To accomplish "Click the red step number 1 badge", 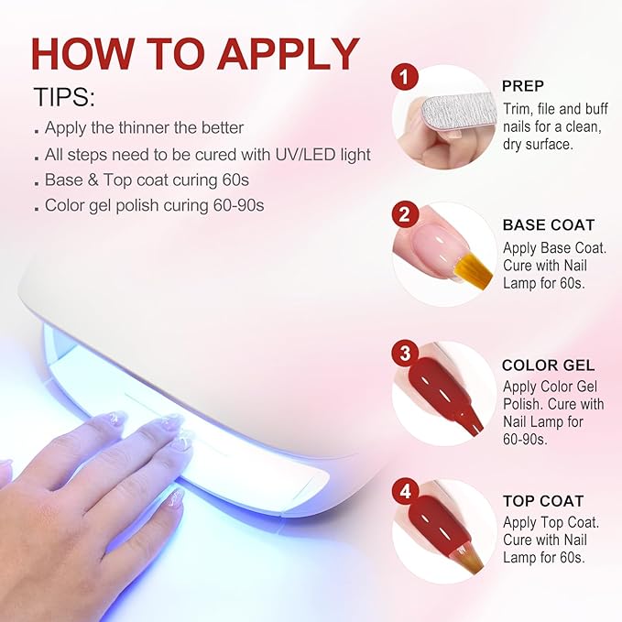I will [404, 77].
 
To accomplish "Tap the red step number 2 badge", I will [404, 215].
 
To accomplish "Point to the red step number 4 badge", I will [404, 493].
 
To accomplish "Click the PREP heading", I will [522, 86].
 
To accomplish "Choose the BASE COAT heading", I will [548, 224].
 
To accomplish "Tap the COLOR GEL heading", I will [548, 365].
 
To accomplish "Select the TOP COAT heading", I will [543, 501].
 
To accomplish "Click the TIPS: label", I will [63, 98].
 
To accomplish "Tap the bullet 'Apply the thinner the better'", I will [144, 128].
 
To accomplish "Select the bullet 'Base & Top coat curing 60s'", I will [141, 180].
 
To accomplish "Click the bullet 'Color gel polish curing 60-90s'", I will [154, 205].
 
